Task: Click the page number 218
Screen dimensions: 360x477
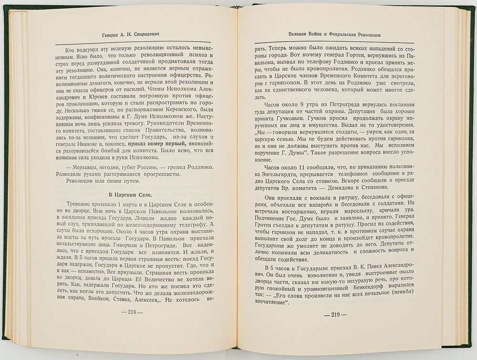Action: [x=129, y=312]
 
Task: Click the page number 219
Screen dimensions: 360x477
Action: [x=335, y=315]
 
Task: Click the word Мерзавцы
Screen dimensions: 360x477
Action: [x=84, y=167]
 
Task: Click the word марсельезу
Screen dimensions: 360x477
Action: [x=351, y=215]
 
